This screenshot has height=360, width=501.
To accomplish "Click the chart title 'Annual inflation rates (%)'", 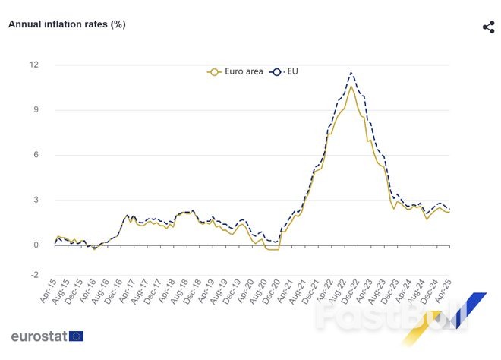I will tap(67, 24).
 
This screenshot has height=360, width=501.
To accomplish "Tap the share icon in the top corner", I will tap(488, 27).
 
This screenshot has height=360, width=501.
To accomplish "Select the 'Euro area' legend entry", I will tap(236, 71).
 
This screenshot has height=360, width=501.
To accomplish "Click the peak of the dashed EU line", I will tap(351, 73).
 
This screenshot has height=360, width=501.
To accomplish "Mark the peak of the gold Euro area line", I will tap(350, 86).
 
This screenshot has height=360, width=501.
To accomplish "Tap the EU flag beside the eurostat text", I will tap(76, 336).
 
